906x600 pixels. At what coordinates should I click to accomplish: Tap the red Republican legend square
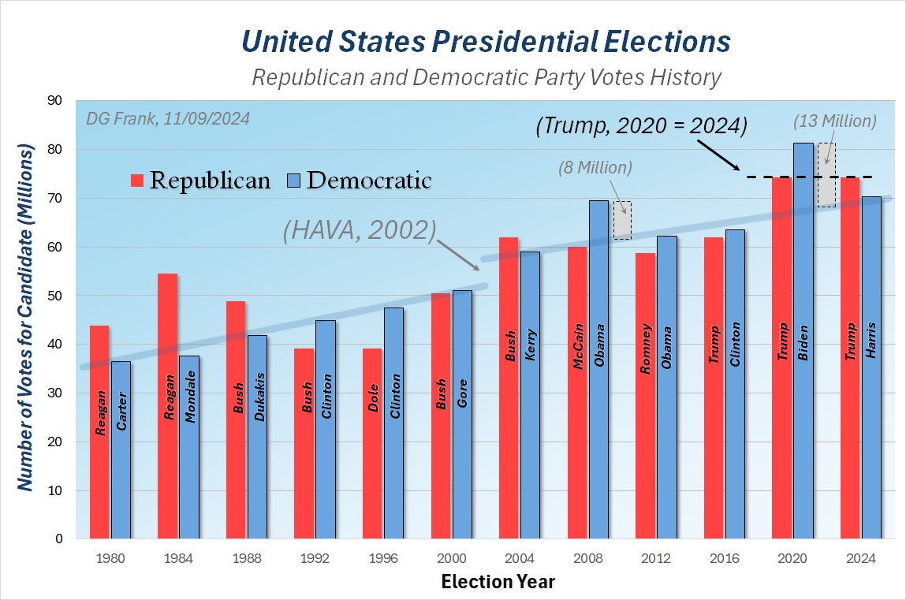click(137, 181)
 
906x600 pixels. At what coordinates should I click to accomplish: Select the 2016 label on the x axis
click(724, 559)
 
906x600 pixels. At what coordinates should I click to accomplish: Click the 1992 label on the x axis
click(315, 559)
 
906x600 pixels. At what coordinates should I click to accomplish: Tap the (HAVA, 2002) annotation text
click(360, 230)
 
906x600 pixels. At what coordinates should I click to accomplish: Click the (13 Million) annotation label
click(835, 121)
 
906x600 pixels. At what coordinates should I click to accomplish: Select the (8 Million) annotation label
click(595, 167)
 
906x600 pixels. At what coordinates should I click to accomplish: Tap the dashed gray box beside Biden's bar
click(826, 175)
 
